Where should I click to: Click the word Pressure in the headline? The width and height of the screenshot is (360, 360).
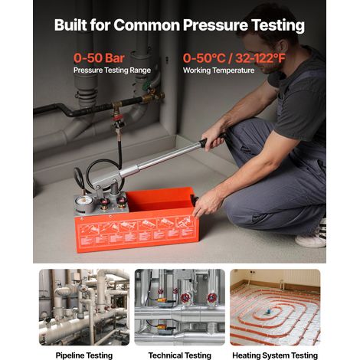(215, 25)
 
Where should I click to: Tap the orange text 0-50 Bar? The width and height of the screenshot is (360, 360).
(99, 58)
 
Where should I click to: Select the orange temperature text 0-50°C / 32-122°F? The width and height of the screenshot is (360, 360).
(234, 58)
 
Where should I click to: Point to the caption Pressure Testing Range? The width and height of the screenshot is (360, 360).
(112, 70)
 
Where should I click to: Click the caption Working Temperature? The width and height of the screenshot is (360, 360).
(218, 70)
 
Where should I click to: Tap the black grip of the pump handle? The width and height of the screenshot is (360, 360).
(211, 140)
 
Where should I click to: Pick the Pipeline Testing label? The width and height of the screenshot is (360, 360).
(84, 355)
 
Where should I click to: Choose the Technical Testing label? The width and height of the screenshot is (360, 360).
(180, 355)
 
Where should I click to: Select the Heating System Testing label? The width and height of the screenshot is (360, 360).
(275, 355)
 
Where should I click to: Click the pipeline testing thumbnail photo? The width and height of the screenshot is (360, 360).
(84, 307)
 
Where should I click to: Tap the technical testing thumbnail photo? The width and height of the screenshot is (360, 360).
(180, 307)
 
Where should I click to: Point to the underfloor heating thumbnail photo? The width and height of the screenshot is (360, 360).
(275, 307)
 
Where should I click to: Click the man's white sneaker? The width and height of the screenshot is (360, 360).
(312, 236)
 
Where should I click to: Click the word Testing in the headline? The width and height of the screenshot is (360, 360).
(277, 25)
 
